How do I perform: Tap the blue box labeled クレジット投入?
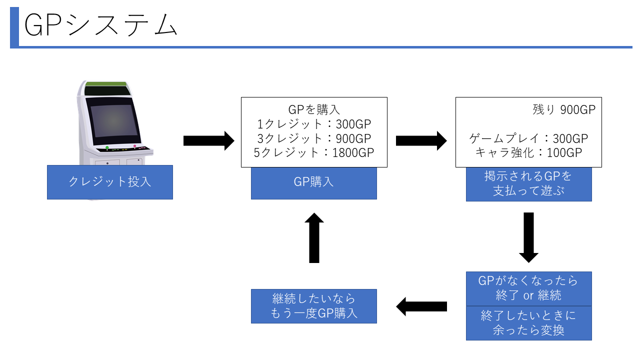click(x=110, y=182)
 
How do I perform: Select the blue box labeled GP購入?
click(x=313, y=182)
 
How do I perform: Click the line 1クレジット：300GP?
click(x=313, y=124)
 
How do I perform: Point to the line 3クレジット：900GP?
click(x=313, y=138)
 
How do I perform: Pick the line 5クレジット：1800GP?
click(x=313, y=152)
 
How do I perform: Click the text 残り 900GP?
click(x=564, y=110)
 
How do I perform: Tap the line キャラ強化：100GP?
click(x=528, y=152)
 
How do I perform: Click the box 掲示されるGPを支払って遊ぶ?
click(x=528, y=184)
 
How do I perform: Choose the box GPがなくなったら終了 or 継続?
click(x=528, y=288)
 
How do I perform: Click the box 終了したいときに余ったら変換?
click(x=528, y=323)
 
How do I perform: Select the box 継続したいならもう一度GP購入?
click(x=313, y=306)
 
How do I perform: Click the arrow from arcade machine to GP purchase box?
click(x=208, y=141)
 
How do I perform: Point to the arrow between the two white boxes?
click(x=421, y=141)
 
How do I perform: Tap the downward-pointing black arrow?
click(x=528, y=237)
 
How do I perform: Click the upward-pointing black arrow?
click(x=314, y=238)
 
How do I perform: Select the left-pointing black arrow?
click(x=421, y=306)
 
